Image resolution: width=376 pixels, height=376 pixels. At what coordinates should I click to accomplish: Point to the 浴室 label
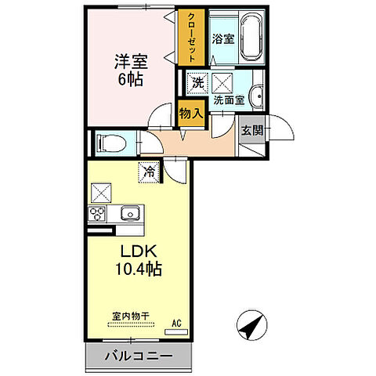pos(222,38)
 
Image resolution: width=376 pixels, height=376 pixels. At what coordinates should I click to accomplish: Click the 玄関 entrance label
pos(251,130)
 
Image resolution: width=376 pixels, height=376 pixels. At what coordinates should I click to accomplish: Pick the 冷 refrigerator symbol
pos(147,169)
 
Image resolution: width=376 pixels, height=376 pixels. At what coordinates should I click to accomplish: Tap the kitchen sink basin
pos(128,214)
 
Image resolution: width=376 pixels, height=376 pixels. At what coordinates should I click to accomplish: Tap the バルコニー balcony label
pos(139,356)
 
